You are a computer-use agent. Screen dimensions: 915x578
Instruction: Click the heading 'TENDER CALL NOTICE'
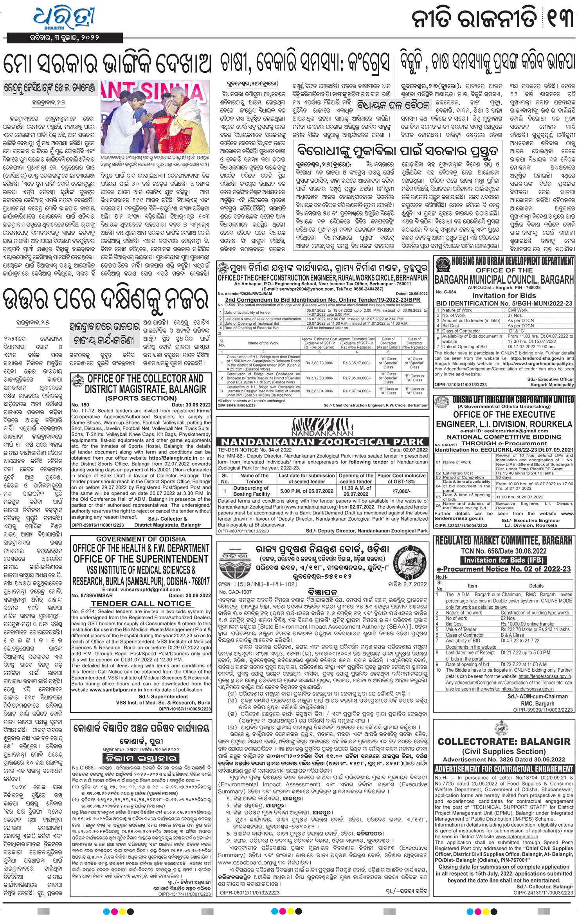(x=141, y=603)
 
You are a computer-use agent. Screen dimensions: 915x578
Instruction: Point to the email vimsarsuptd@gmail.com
(x=141, y=589)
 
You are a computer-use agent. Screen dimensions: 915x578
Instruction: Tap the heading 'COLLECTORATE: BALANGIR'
(x=504, y=741)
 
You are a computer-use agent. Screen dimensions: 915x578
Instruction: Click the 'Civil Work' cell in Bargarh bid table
(x=517, y=310)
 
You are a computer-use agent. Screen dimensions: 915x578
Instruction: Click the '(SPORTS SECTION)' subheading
(x=141, y=398)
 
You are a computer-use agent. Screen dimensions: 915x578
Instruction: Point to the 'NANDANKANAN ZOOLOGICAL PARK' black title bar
(x=322, y=442)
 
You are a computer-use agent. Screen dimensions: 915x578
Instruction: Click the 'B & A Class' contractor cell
(x=512, y=635)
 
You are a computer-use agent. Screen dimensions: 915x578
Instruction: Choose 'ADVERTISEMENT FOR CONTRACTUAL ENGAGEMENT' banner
(x=504, y=768)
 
